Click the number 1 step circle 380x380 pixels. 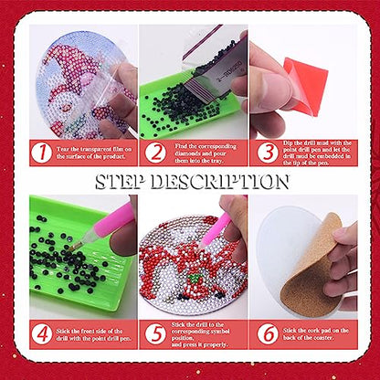point(41,153)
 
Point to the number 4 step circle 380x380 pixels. point(41,332)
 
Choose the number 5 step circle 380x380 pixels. point(155,332)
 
